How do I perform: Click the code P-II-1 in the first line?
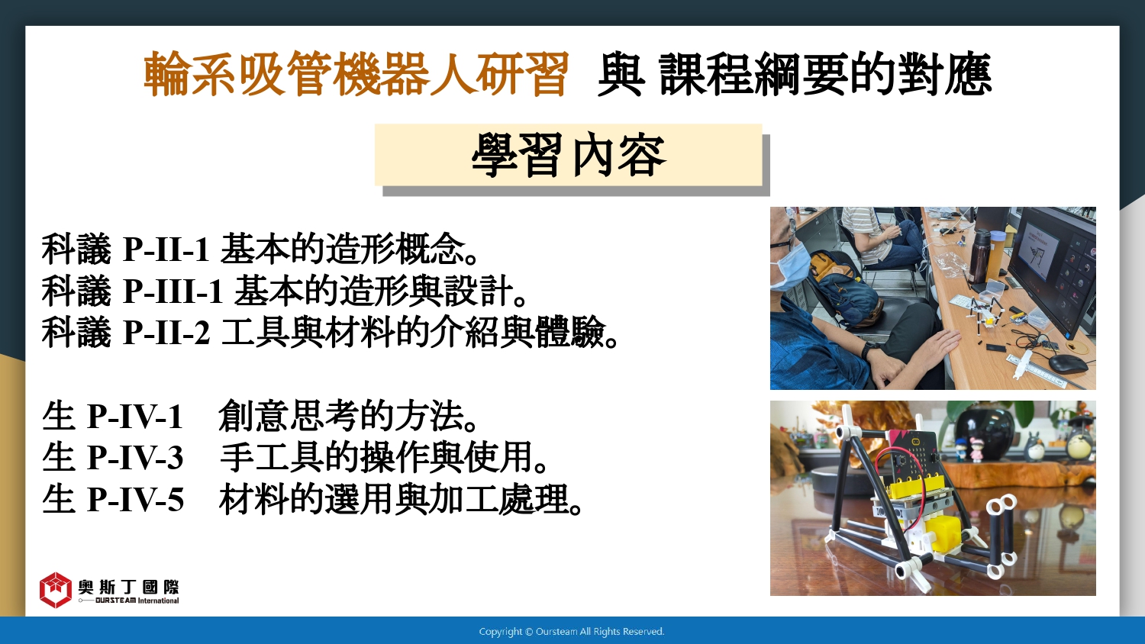[166, 250]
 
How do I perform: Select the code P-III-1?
[173, 291]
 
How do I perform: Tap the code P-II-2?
[166, 333]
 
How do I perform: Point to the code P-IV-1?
[134, 417]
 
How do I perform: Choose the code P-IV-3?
[135, 458]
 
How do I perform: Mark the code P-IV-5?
[135, 499]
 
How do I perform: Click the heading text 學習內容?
[569, 155]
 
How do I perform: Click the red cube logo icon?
[55, 590]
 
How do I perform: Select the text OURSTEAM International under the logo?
[137, 601]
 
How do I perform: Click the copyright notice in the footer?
[572, 632]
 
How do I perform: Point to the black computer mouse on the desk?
[1069, 363]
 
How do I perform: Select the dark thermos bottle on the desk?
[980, 256]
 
